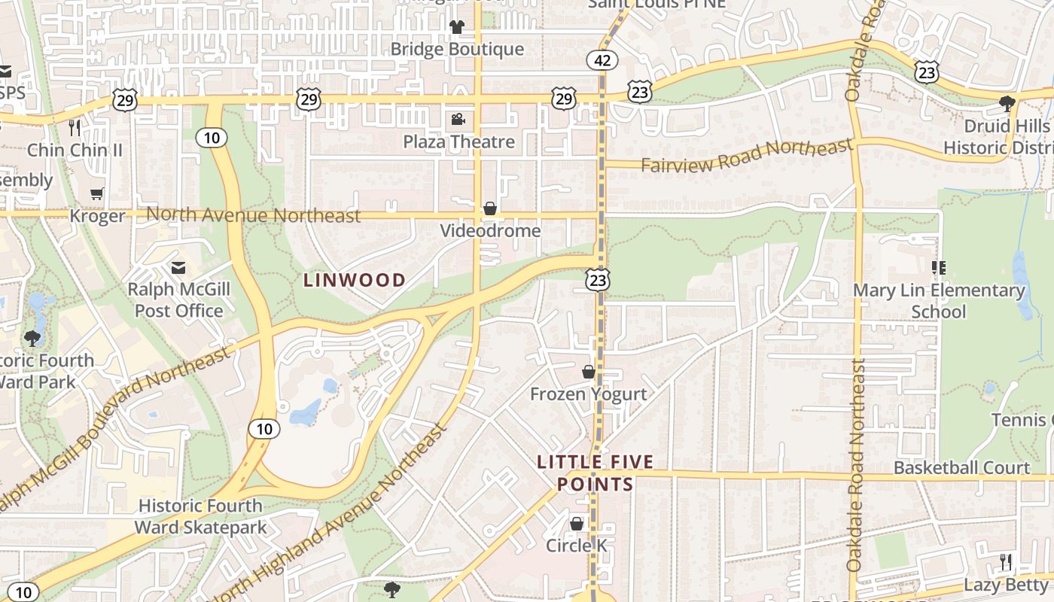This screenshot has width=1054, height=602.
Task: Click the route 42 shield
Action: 602,60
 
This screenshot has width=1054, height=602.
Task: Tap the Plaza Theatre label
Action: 458,141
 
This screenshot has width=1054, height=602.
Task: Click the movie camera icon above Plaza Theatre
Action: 458,119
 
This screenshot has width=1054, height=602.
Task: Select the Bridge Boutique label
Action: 457,49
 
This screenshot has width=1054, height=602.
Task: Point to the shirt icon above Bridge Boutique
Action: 457,27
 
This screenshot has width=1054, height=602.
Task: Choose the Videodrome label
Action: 490,230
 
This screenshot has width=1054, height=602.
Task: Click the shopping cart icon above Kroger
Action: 97,194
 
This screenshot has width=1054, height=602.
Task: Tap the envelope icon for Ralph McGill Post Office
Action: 178,267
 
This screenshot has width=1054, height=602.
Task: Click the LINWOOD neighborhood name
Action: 355,280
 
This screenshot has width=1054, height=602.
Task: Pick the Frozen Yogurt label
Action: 588,394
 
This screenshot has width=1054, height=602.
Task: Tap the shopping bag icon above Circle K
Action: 577,523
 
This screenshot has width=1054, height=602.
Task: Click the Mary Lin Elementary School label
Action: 939,300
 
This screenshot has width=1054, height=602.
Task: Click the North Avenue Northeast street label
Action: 254,215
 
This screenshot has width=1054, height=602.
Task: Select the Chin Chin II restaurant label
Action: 75,150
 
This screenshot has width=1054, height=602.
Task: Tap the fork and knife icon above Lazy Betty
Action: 1005,561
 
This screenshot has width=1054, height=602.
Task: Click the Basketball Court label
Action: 961,467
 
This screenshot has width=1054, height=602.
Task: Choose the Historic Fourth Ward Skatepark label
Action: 200,516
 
